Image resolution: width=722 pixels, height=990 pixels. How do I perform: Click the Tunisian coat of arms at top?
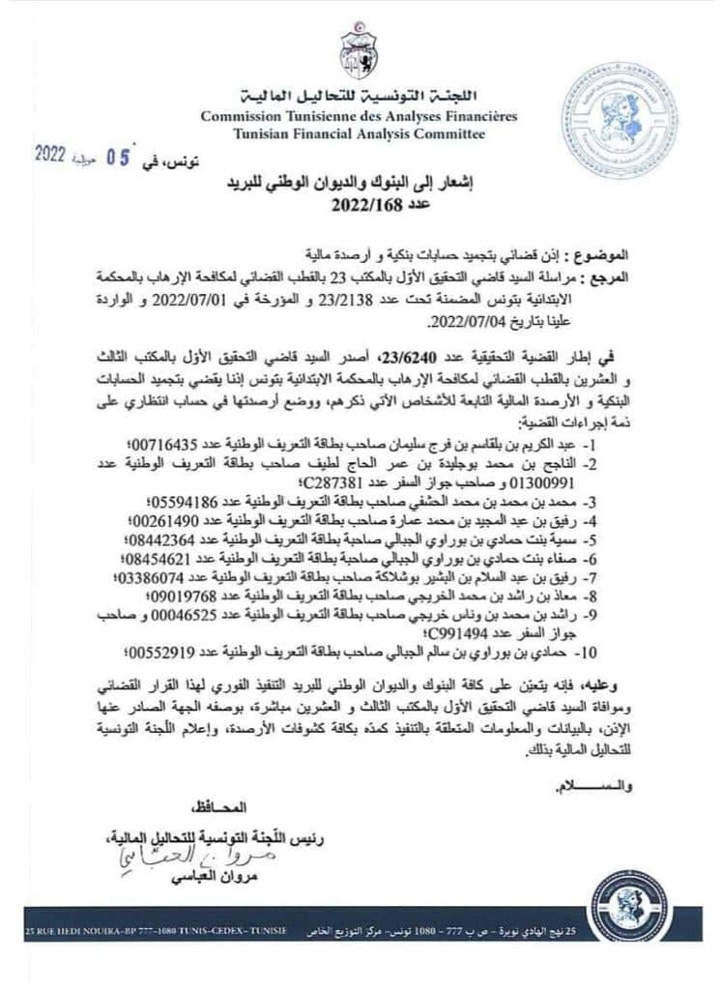(359, 54)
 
